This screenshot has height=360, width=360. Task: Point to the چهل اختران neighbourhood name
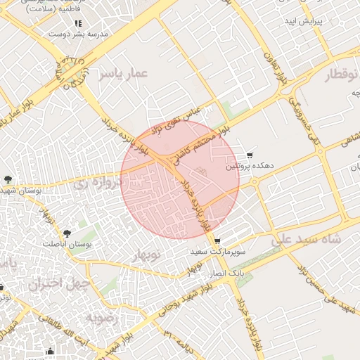[56, 285]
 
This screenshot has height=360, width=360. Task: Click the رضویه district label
[105, 318]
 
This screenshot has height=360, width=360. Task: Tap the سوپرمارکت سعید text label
[217, 251]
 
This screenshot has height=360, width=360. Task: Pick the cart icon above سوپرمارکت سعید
[217, 240]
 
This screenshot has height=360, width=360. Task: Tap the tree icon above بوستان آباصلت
[67, 233]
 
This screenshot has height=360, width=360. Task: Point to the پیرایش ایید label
[303, 22]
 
